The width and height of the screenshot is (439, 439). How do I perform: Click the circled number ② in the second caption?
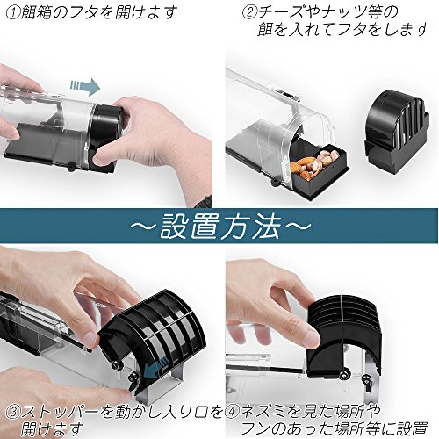[249, 13]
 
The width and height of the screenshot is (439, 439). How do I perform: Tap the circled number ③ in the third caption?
[12, 412]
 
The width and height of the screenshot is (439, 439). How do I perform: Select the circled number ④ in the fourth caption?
[233, 412]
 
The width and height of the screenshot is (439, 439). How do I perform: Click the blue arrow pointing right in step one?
[85, 87]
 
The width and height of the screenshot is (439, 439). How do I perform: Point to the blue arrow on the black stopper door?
[156, 370]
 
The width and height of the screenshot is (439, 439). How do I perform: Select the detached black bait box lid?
[397, 132]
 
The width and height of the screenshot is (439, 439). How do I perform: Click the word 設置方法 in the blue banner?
[220, 225]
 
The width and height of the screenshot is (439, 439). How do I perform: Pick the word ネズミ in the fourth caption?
[263, 412]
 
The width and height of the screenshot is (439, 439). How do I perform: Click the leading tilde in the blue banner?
[143, 226]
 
